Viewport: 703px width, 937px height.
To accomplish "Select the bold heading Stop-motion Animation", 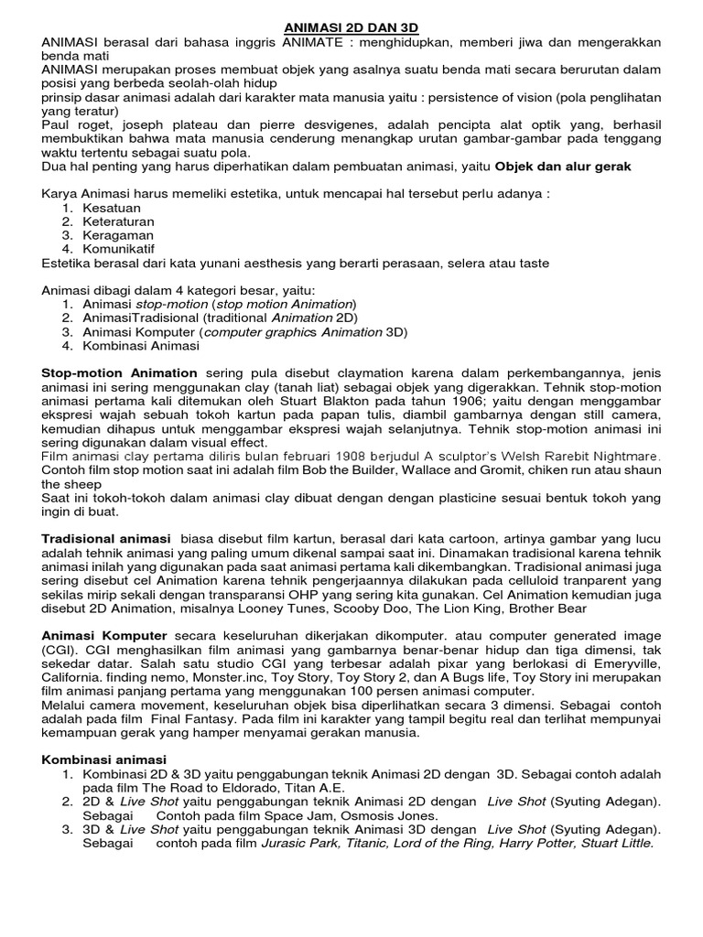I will tap(120, 372).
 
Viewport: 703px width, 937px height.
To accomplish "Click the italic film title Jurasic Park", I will tap(301, 843).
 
